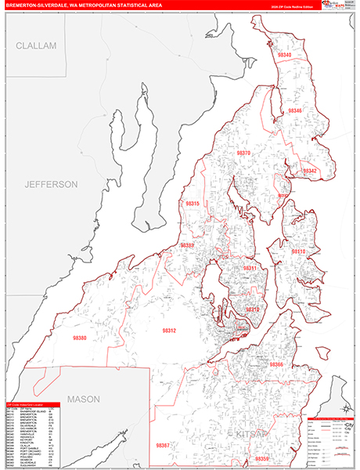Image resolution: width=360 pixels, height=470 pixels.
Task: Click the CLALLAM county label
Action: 37,46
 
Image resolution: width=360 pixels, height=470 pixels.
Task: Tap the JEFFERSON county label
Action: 51,185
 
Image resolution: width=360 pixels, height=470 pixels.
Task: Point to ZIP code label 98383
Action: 188,245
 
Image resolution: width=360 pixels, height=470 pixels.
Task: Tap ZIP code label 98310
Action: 252,309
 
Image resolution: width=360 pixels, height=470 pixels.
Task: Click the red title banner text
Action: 86,6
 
